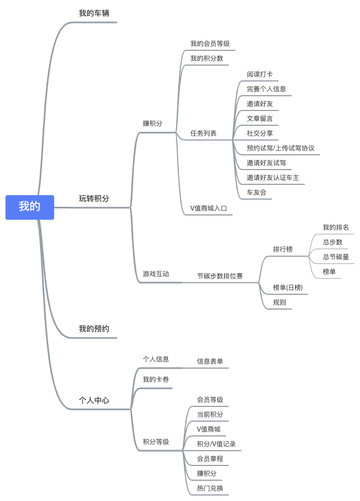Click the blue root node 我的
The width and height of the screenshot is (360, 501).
click(x=30, y=207)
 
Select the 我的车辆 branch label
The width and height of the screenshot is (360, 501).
click(x=94, y=13)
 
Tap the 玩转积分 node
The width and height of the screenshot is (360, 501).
click(x=94, y=199)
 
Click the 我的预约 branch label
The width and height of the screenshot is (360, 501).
click(x=94, y=329)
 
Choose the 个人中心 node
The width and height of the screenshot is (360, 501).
click(x=94, y=400)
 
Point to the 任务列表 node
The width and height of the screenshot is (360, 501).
click(x=203, y=133)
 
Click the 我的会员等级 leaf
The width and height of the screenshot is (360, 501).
click(x=210, y=43)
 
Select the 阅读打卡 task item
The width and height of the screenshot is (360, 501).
click(x=259, y=74)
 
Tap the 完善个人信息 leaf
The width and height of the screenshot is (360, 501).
click(x=266, y=89)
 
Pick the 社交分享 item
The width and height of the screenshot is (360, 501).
click(x=259, y=133)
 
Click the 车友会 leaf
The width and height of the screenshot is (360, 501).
click(x=256, y=193)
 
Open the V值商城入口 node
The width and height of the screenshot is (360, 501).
click(x=208, y=208)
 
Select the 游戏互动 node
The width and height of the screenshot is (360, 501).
click(x=156, y=274)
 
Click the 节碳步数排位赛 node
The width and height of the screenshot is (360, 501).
click(x=220, y=276)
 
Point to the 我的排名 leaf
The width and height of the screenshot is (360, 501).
click(x=335, y=228)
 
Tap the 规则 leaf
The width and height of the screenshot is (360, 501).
click(x=279, y=302)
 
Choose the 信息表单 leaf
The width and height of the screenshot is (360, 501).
click(x=210, y=361)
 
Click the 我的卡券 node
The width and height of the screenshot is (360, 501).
click(x=156, y=380)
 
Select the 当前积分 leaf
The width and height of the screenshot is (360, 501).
click(x=210, y=415)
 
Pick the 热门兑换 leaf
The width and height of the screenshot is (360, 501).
click(x=210, y=488)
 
